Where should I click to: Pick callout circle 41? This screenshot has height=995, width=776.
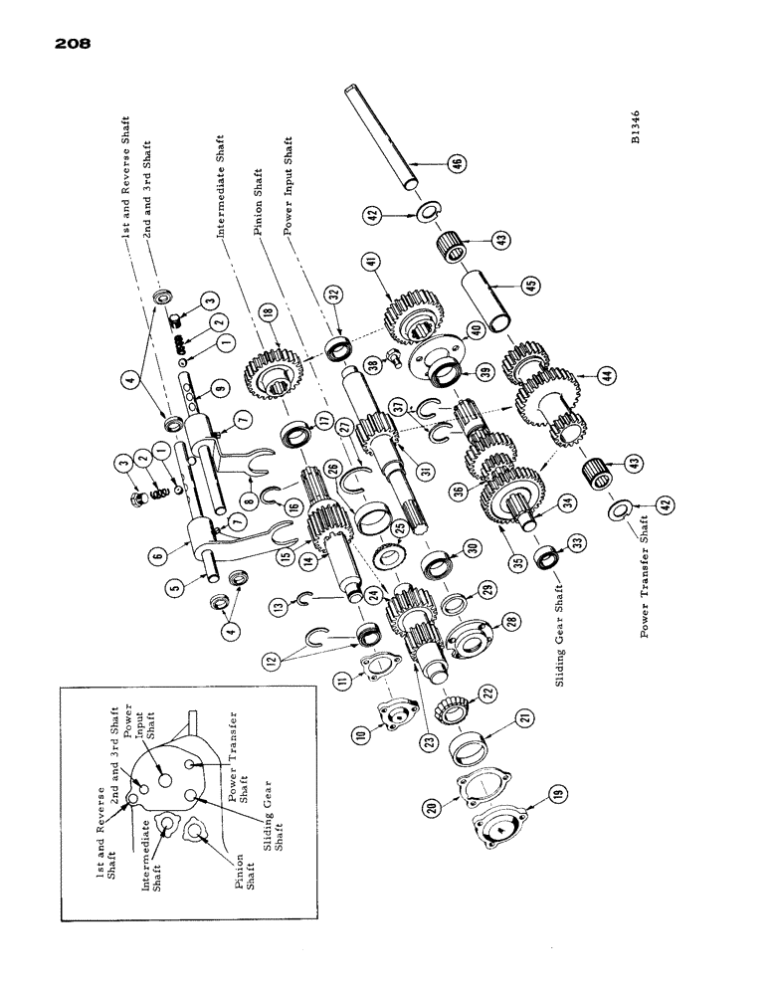pos(372,262)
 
